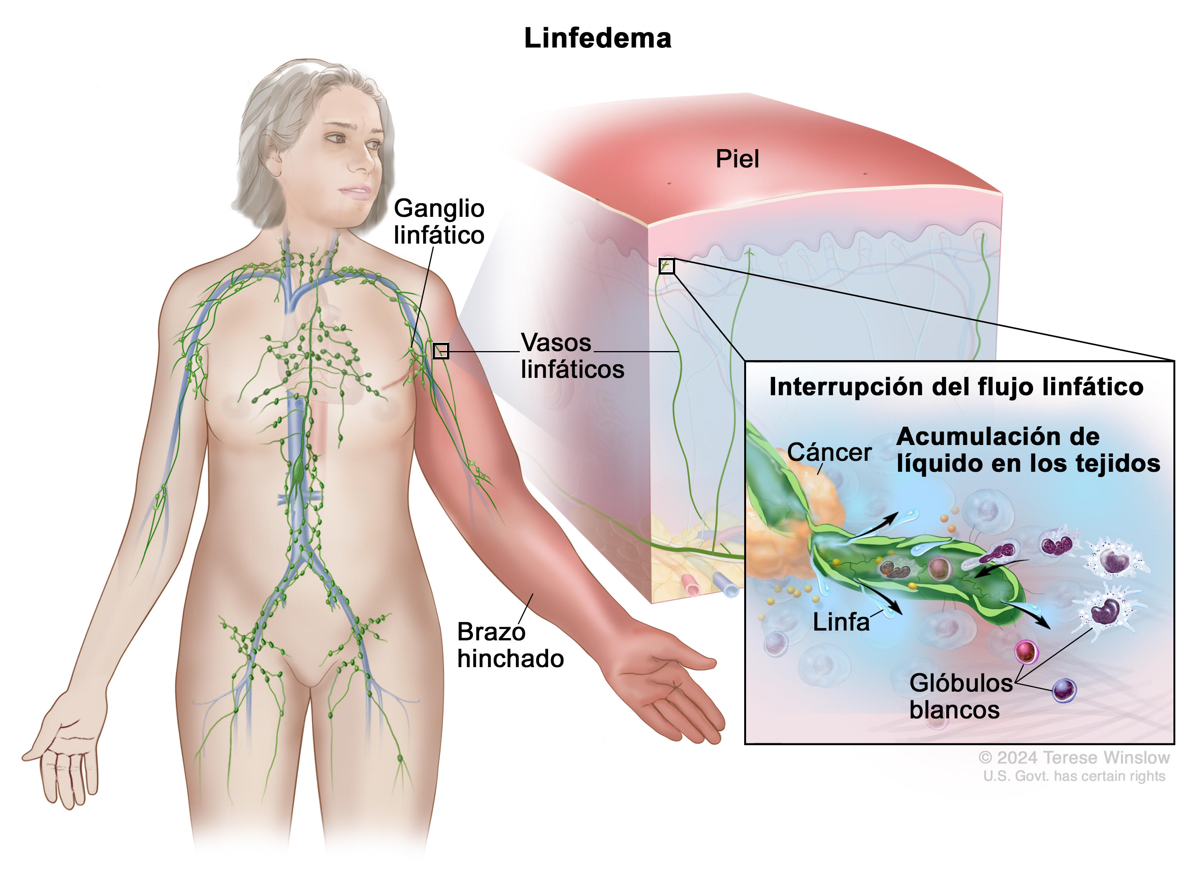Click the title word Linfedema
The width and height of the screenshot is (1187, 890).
pyautogui.click(x=597, y=38)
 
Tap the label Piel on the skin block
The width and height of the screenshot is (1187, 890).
pyautogui.click(x=737, y=159)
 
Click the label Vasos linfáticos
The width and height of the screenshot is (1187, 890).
pyautogui.click(x=572, y=356)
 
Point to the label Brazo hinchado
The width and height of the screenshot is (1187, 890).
pyautogui.click(x=510, y=645)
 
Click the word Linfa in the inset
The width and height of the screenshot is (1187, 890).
pyautogui.click(x=841, y=622)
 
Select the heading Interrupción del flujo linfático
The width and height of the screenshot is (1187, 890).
pyautogui.click(x=956, y=387)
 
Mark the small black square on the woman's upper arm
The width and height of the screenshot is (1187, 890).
pyautogui.click(x=441, y=351)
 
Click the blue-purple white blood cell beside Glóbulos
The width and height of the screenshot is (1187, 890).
pyautogui.click(x=1064, y=691)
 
